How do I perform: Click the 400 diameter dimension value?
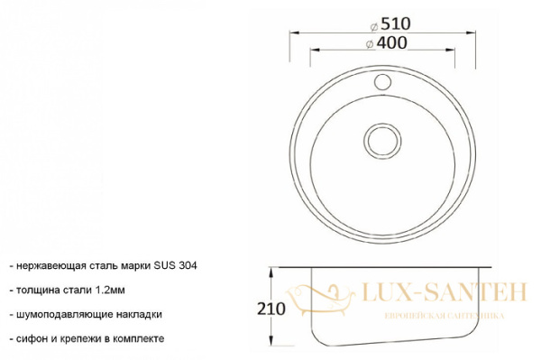[391, 42]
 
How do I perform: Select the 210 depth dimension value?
[271, 309]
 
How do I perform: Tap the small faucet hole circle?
[382, 82]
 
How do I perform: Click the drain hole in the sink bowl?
[382, 141]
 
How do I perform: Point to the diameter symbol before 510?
[374, 26]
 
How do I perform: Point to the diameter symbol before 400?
[370, 44]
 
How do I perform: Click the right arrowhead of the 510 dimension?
[471, 32]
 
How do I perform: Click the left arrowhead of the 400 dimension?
[316, 51]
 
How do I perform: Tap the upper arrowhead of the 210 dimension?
[271, 272]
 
